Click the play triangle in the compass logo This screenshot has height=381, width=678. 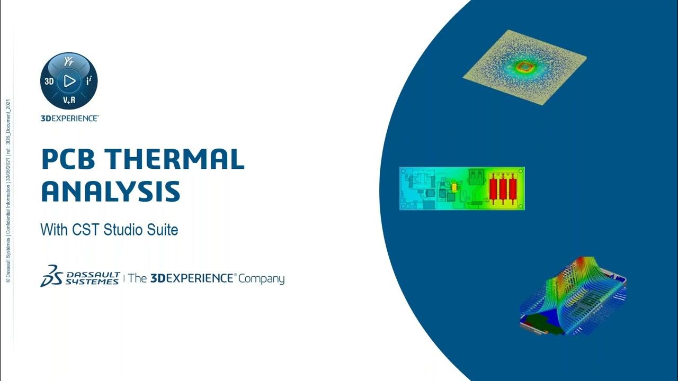(69, 81)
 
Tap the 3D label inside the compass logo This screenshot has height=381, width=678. (49, 81)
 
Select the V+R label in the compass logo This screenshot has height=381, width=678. (69, 101)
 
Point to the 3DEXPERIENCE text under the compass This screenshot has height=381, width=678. (69, 119)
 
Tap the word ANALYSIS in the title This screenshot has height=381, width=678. (110, 191)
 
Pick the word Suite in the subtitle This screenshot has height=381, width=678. (163, 230)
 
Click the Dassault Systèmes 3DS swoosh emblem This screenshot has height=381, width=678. (51, 276)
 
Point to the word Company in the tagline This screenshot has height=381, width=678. (261, 279)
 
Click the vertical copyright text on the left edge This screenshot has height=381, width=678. (8, 190)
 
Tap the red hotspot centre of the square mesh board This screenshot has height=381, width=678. (525, 67)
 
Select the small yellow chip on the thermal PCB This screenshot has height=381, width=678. (454, 187)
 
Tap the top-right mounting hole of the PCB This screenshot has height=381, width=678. (521, 171)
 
